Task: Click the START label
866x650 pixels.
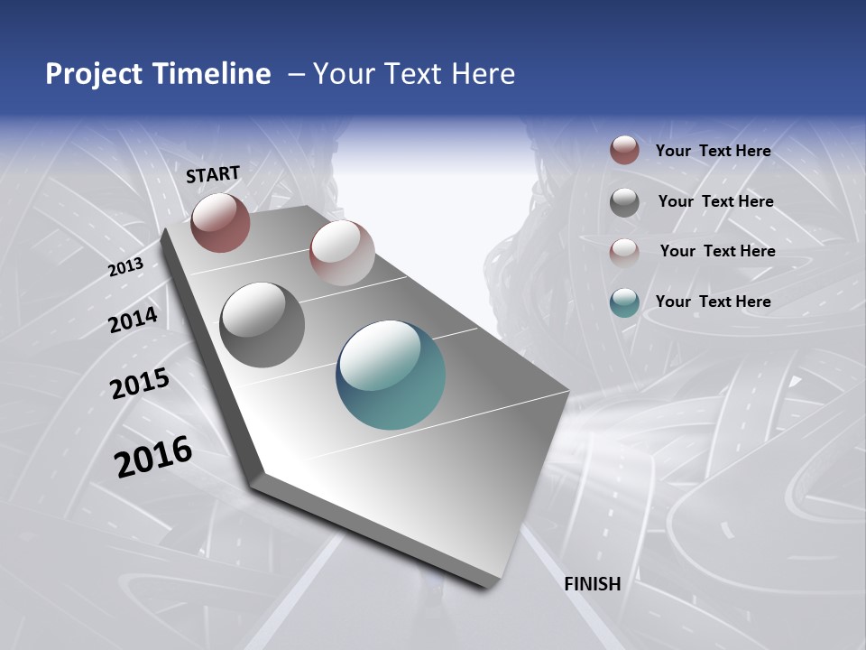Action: (x=213, y=173)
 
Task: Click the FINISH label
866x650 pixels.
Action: (x=593, y=583)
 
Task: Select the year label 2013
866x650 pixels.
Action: (x=126, y=267)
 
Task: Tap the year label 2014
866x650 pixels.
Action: (x=134, y=320)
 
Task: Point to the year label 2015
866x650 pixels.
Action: (x=140, y=384)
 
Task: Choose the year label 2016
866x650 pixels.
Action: (x=153, y=457)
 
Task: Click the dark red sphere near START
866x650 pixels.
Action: (x=220, y=222)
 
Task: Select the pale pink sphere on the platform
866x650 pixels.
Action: (x=342, y=253)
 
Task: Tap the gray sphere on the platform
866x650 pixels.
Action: (x=263, y=324)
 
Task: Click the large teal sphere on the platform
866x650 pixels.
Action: (x=391, y=375)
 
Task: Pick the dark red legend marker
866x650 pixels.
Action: (x=624, y=150)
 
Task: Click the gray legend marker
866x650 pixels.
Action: (x=624, y=202)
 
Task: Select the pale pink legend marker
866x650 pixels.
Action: (x=624, y=253)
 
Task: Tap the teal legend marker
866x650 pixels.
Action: (x=624, y=302)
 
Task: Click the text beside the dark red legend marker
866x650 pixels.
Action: (x=713, y=151)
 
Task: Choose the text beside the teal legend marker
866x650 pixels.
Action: (x=713, y=302)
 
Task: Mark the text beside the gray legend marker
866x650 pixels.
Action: (x=715, y=201)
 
